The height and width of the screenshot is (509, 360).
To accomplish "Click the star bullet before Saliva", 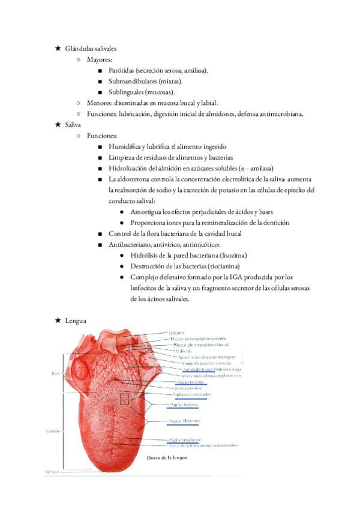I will coord(58,125).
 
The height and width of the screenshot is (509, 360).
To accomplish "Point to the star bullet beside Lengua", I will coord(58,321).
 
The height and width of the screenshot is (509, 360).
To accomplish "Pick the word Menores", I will coord(101,103).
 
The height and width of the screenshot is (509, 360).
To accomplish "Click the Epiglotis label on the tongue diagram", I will coord(176,332).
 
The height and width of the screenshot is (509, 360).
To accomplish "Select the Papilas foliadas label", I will coord(182,405).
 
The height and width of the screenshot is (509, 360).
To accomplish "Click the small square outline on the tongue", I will coord(125,399).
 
